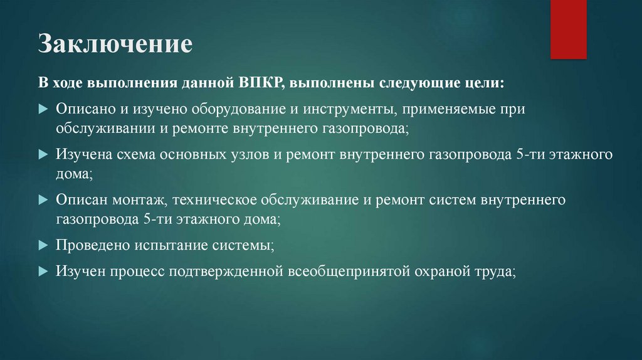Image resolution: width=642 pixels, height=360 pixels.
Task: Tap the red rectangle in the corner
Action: (568, 29)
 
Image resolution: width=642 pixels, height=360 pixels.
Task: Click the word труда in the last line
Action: (496, 272)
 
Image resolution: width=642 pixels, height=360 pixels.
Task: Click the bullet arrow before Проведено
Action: (43, 245)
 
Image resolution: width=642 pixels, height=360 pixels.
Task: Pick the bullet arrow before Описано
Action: (43, 109)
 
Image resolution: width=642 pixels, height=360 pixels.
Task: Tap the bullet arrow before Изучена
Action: (43, 154)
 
